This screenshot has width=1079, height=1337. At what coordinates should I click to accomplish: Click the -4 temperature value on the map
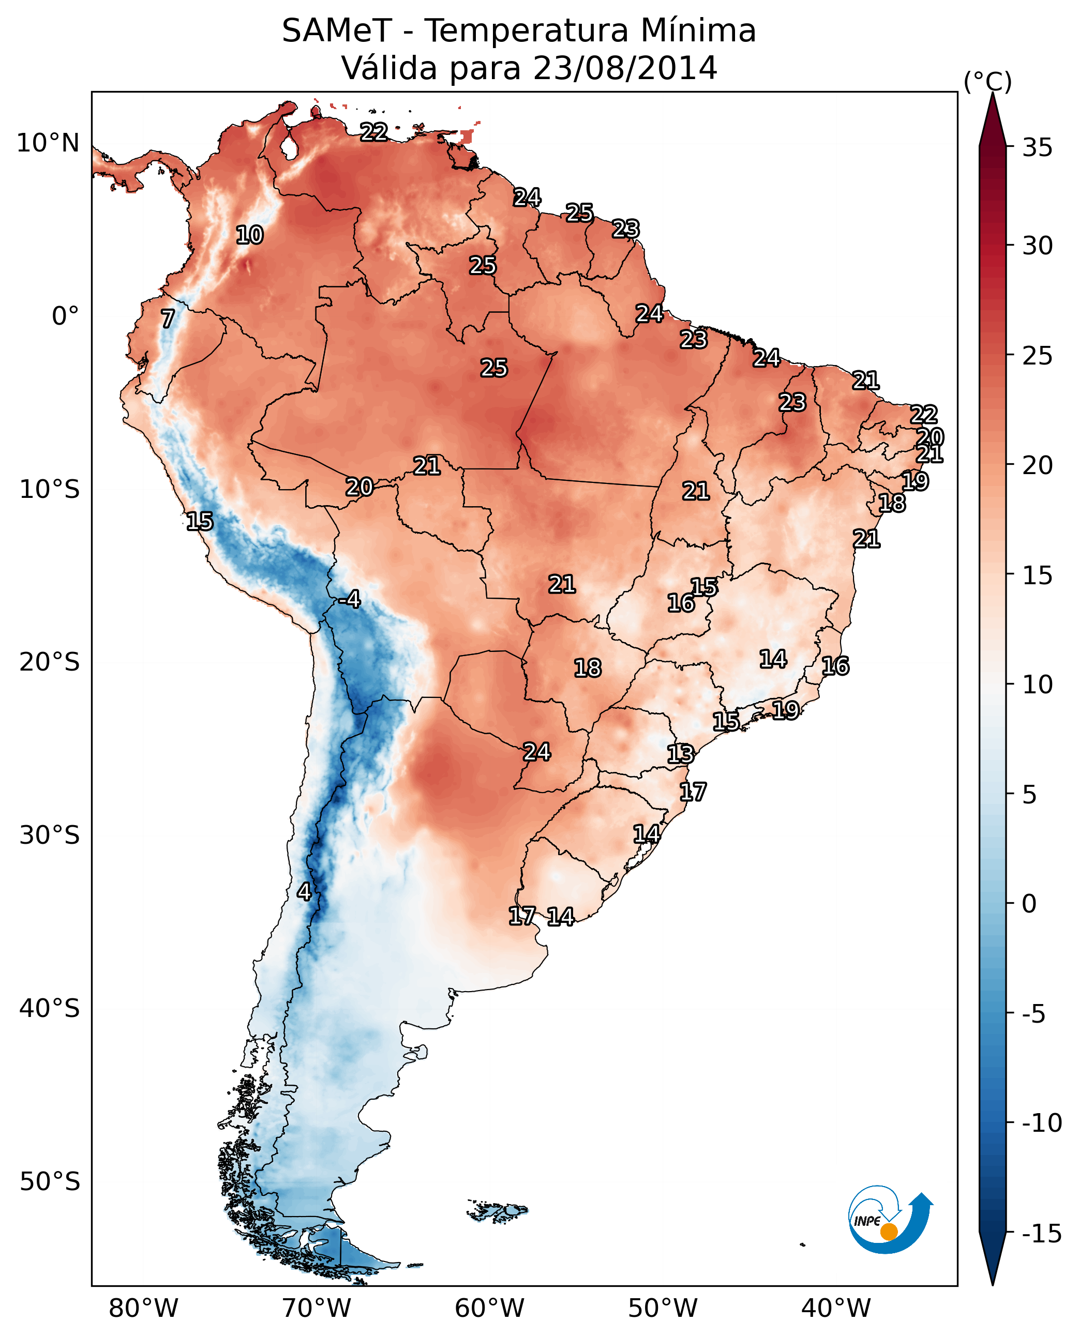click(350, 600)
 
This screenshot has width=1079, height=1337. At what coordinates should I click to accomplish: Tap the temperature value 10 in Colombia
click(250, 235)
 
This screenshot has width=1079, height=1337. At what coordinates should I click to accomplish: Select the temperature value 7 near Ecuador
click(168, 318)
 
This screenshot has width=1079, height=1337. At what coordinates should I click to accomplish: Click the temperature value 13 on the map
click(681, 754)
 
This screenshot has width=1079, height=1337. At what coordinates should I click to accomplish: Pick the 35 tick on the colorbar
click(1037, 148)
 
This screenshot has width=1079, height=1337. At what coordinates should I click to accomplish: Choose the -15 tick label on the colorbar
click(1041, 1234)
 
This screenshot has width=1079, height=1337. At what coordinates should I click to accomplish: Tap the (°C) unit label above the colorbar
click(987, 81)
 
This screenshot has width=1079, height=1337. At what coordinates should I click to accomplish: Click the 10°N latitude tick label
click(48, 144)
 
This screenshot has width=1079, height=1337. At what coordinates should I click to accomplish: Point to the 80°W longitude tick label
click(144, 1308)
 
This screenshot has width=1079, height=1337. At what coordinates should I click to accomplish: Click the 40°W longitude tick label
click(836, 1308)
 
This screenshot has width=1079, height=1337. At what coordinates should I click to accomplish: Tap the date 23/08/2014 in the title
click(625, 68)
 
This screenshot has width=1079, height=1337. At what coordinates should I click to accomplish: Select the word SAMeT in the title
click(337, 31)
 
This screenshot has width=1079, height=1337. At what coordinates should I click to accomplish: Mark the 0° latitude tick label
click(65, 316)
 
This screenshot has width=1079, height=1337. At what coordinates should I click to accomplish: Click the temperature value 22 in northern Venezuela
click(374, 132)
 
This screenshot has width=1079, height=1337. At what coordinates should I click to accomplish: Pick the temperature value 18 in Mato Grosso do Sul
click(588, 668)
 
